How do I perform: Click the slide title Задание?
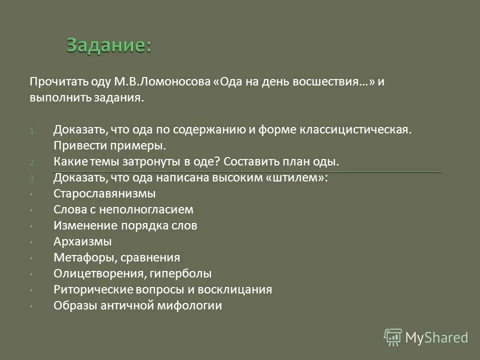tap(108, 46)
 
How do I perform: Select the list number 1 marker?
tap(31, 131)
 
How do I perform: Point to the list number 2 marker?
tap(31, 162)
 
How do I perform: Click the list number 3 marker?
tap(31, 178)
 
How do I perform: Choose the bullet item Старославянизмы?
tap(104, 194)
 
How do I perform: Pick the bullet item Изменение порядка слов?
tap(125, 226)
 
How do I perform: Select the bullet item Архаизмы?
tap(82, 242)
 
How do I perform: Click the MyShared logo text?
tap(436, 338)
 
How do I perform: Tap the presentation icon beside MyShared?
tap(393, 337)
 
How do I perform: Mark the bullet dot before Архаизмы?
tap(31, 242)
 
